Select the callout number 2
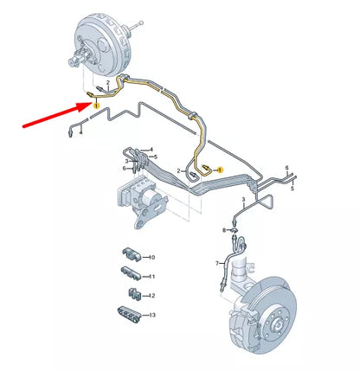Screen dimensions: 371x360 [x=179, y=172]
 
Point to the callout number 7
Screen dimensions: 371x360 [x=217, y=262]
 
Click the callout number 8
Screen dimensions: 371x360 [x=223, y=230]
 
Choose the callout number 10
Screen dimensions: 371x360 [x=152, y=258]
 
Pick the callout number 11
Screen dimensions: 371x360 [x=152, y=277]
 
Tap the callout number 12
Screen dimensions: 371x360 [x=152, y=296]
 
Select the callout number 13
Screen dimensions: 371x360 [x=152, y=316]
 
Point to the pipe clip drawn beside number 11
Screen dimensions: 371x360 [x=130, y=276]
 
